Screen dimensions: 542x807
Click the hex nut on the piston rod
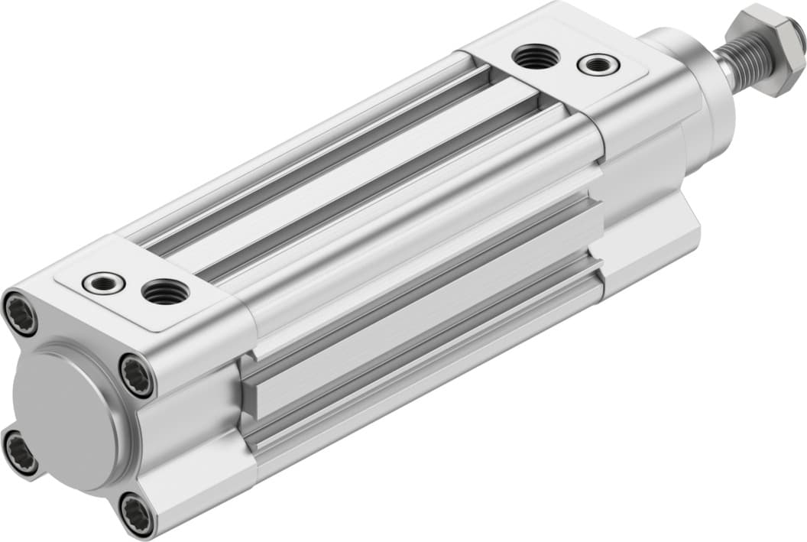(x=766, y=48)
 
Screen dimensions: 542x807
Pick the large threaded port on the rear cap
(x=166, y=291)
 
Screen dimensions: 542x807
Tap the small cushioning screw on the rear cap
(x=104, y=283)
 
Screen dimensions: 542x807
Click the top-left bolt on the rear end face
(x=21, y=313)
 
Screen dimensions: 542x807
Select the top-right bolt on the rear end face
(x=138, y=376)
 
